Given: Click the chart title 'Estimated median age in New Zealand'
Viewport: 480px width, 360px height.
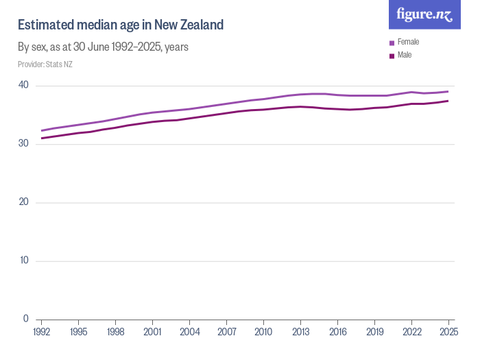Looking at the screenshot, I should click(121, 25).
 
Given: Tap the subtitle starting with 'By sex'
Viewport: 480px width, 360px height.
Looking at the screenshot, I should click(103, 47).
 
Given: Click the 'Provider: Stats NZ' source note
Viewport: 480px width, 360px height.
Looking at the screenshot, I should click(45, 64).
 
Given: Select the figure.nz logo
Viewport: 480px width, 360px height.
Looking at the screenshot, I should click(424, 14).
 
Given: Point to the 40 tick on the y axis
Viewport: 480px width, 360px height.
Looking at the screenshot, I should click(23, 85).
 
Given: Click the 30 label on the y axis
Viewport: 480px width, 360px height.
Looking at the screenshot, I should click(23, 143).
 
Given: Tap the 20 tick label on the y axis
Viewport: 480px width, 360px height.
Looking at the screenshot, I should click(23, 202).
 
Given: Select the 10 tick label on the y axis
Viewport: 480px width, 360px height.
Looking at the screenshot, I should click(23, 261).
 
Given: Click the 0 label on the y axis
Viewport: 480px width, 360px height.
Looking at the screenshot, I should click(25, 319).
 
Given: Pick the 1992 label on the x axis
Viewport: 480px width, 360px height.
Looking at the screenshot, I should click(42, 332).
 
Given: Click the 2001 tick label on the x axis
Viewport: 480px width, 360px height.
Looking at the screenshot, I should click(152, 332).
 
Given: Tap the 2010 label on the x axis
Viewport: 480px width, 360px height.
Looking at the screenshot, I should click(263, 332).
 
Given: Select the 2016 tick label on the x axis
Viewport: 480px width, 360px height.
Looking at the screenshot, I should click(337, 332).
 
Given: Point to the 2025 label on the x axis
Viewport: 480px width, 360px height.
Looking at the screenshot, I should click(448, 332).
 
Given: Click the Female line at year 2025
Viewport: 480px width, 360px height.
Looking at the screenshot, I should click(448, 91).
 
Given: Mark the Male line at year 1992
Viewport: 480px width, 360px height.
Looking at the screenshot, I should click(42, 138).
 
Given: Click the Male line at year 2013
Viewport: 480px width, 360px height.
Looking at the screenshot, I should click(300, 106).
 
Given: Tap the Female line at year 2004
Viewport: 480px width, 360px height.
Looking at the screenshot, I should click(189, 109).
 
